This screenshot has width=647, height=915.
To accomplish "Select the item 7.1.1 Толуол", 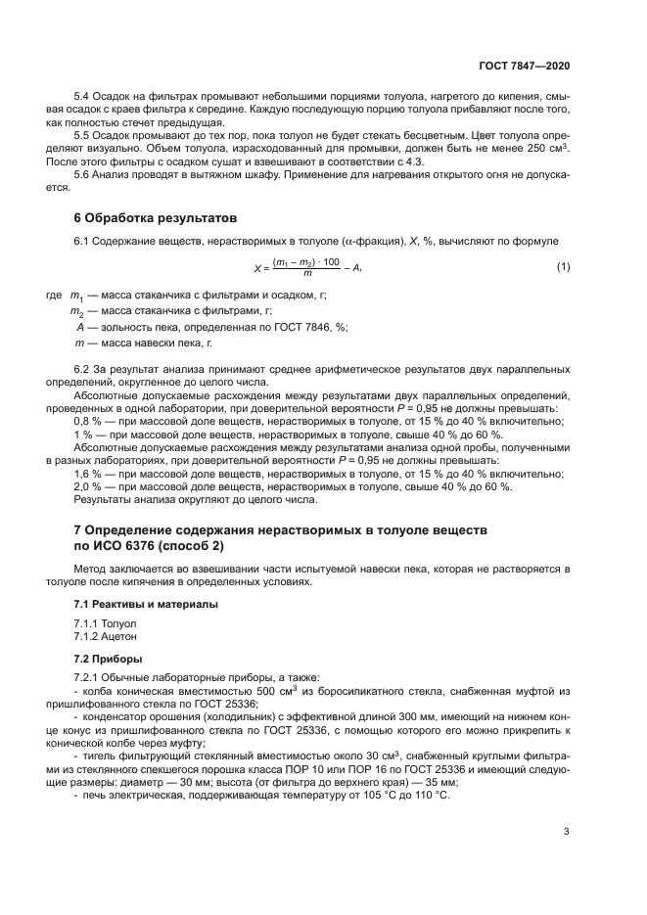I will coord(106,622).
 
